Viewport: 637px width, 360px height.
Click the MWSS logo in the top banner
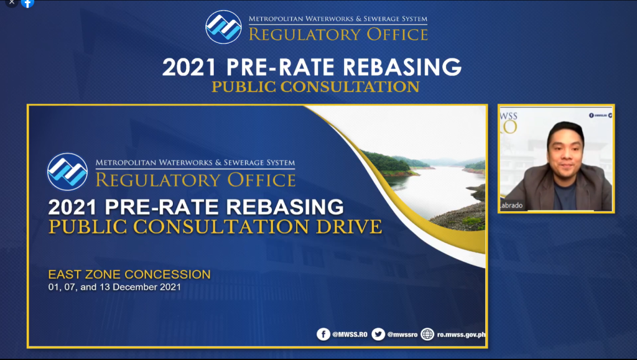point(223,27)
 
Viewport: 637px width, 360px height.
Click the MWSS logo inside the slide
point(67,172)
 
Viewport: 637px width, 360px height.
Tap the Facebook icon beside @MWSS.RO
point(323,335)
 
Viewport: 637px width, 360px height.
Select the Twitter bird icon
point(378,335)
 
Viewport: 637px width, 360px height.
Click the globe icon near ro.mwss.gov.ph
point(427,335)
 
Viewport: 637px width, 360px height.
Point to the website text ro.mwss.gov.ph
point(461,335)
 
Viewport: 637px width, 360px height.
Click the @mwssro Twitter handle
point(402,335)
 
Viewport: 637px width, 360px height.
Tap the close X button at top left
point(12,2)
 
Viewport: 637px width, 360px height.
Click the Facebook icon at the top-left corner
point(27,3)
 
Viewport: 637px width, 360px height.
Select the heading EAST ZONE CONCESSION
point(129,274)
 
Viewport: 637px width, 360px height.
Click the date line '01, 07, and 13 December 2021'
point(114,287)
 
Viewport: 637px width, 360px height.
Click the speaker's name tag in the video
point(511,205)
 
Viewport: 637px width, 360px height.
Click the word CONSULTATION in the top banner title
point(350,87)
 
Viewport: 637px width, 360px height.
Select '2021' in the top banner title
point(189,67)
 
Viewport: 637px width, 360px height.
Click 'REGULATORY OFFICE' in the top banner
point(338,34)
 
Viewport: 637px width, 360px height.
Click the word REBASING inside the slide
point(285,207)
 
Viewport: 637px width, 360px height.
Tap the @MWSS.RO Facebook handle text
point(350,335)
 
